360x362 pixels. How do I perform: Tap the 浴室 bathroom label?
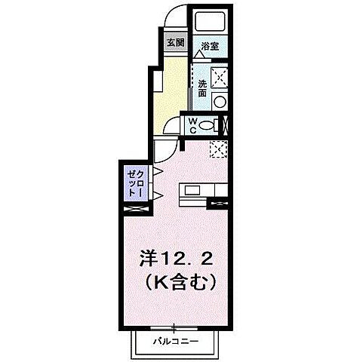[210, 45]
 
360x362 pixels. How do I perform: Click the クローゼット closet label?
[136, 183]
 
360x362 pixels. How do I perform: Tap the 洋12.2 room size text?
[178, 259]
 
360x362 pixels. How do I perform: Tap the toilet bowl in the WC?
[215, 124]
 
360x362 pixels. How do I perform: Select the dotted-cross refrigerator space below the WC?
[219, 149]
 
